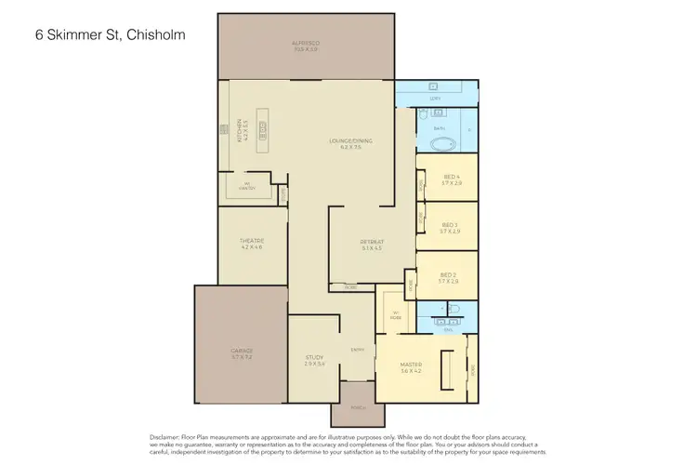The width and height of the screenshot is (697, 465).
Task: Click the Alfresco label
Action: click(x=305, y=44)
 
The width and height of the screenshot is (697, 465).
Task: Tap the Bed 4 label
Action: click(x=452, y=179)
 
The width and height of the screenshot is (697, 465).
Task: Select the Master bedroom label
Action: click(x=410, y=366)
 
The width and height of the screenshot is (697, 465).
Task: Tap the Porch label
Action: click(x=358, y=408)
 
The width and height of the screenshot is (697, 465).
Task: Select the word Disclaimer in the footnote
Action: click(x=166, y=435)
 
